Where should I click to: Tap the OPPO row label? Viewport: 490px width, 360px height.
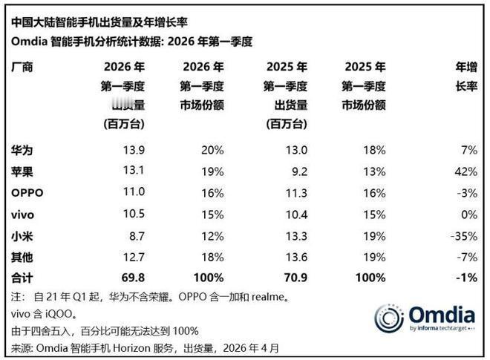(27, 193)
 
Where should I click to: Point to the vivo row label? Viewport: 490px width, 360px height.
(24, 215)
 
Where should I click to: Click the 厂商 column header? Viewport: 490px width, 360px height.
(22, 66)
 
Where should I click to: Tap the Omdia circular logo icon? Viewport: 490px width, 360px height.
(389, 318)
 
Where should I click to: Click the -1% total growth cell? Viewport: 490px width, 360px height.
(465, 278)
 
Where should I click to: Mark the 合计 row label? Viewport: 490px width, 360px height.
(22, 278)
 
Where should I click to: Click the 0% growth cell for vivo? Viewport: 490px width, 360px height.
(469, 215)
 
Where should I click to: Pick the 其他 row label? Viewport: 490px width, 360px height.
(22, 257)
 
